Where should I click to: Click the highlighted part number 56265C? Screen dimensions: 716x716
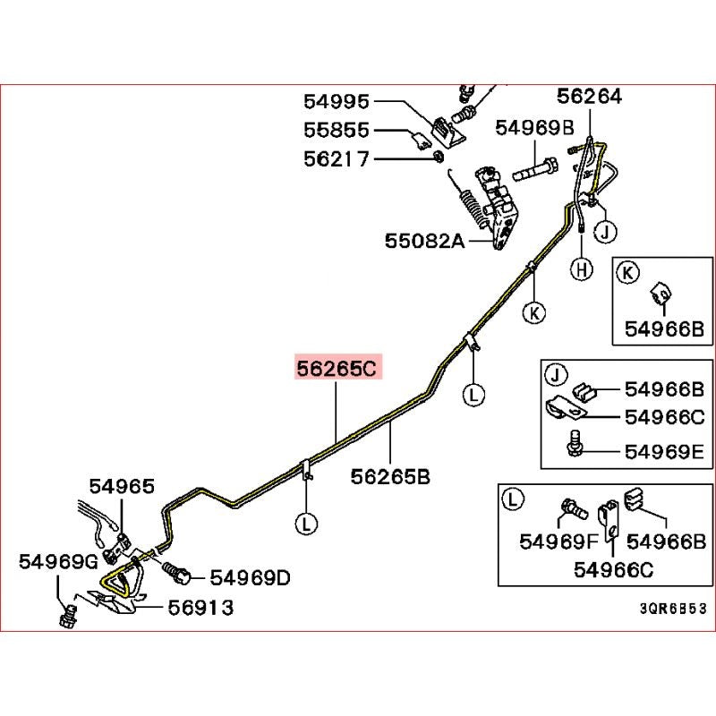pyautogui.click(x=338, y=368)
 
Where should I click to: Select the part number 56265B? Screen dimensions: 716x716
pyautogui.click(x=391, y=476)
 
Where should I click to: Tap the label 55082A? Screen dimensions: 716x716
pyautogui.click(x=424, y=240)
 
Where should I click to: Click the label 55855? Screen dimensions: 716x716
pyautogui.click(x=337, y=131)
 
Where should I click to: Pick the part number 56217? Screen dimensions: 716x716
pyautogui.click(x=337, y=158)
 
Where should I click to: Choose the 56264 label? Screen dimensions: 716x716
pyautogui.click(x=589, y=96)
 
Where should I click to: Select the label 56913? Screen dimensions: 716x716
pyautogui.click(x=201, y=608)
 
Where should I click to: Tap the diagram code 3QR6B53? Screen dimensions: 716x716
pyautogui.click(x=672, y=607)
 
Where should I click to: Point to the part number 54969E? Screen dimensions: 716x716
pyautogui.click(x=665, y=449)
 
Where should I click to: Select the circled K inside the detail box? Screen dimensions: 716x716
pyautogui.click(x=629, y=272)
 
